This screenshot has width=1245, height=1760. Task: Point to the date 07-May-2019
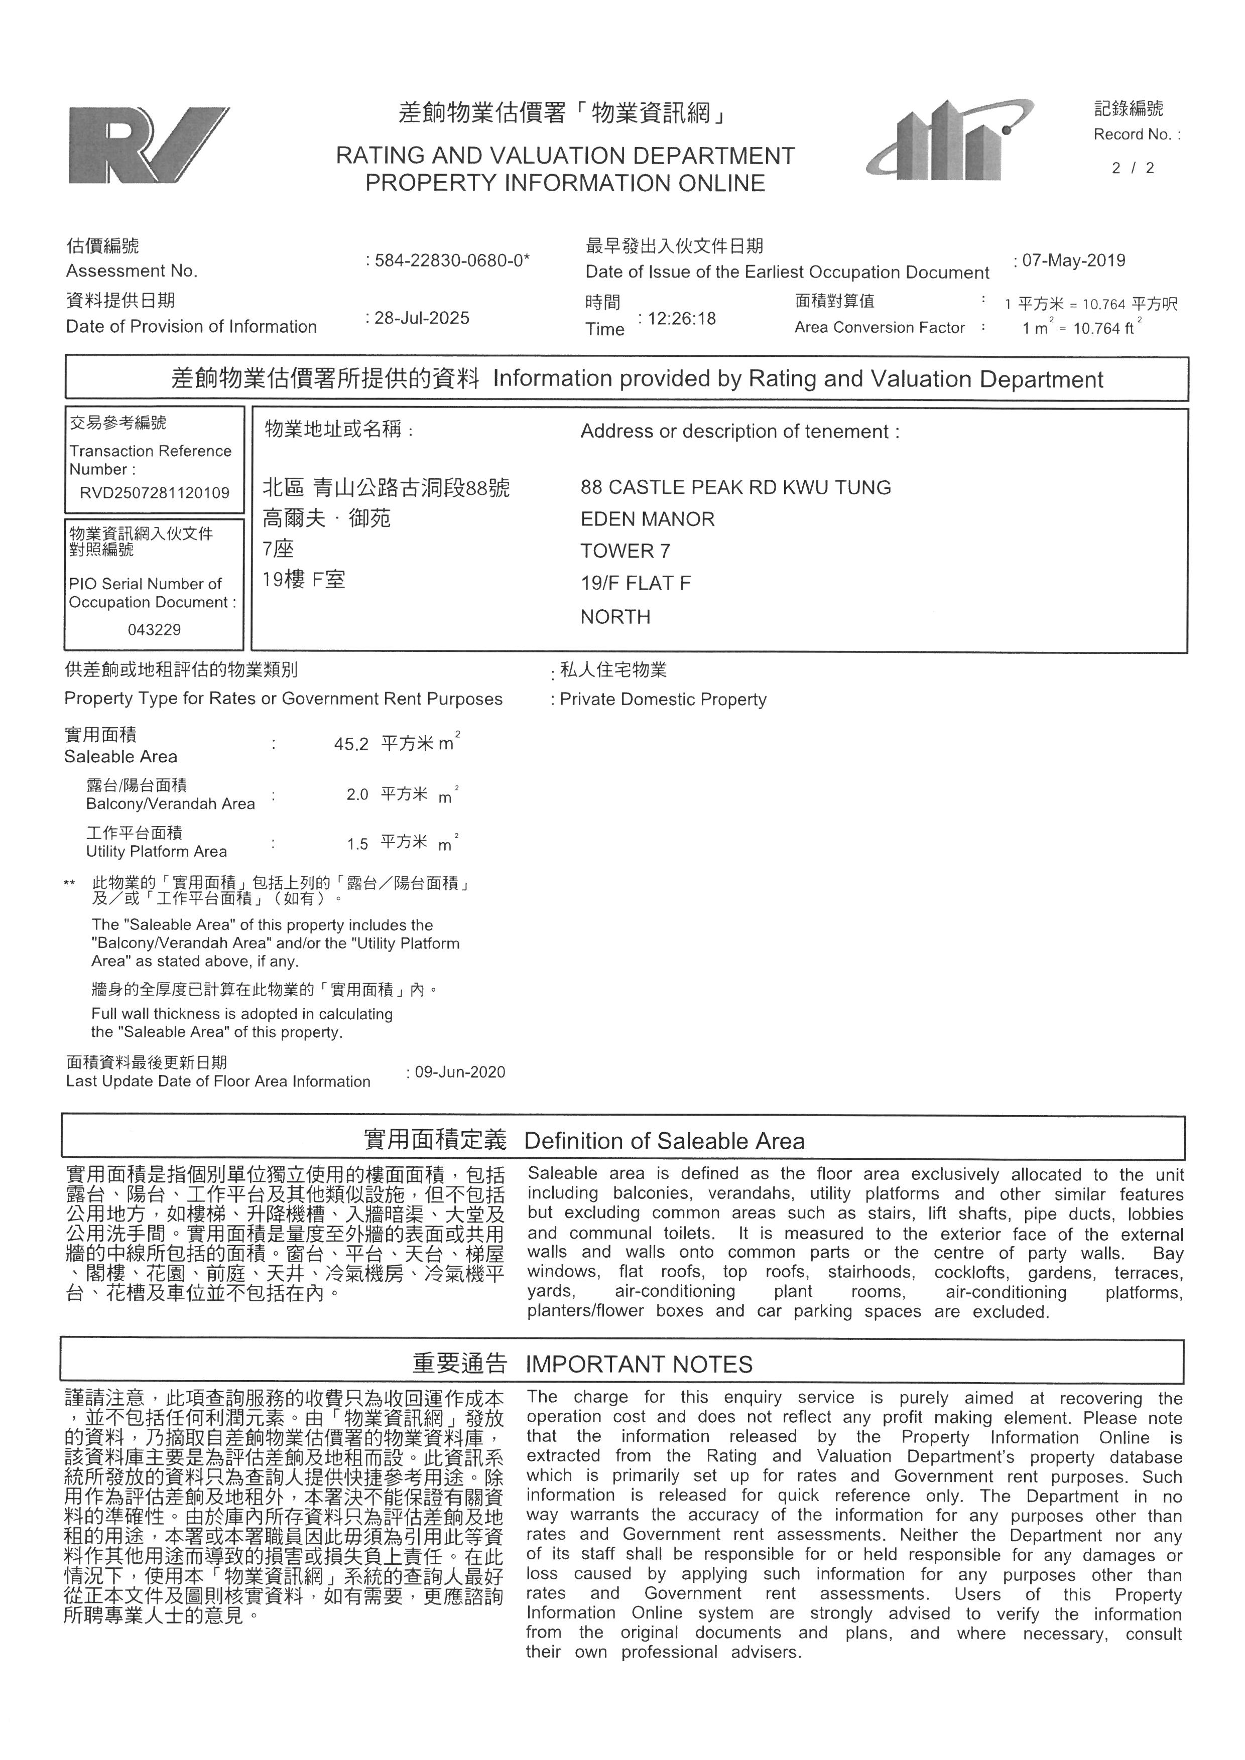1073,260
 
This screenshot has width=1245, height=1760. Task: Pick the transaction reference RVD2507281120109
155,493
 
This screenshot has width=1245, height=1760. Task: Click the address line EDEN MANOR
647,520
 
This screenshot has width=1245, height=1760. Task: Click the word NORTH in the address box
615,617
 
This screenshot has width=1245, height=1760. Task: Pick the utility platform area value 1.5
357,845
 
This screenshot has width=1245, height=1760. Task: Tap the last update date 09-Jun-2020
460,1072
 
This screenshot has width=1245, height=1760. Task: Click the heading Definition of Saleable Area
664,1141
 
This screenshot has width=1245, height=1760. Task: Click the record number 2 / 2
1133,169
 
